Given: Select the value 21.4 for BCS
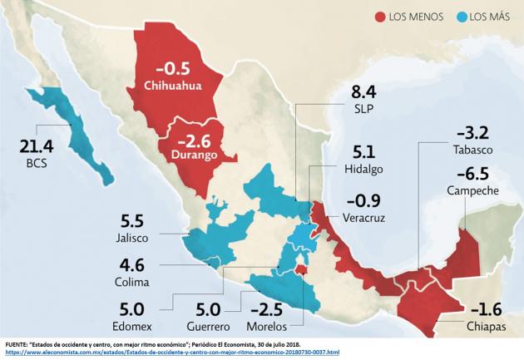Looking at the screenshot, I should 37,147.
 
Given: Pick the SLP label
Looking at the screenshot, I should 364,108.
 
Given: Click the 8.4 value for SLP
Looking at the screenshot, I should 364,91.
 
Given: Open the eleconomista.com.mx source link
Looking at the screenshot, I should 166,353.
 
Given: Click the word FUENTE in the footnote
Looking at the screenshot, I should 20,343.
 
